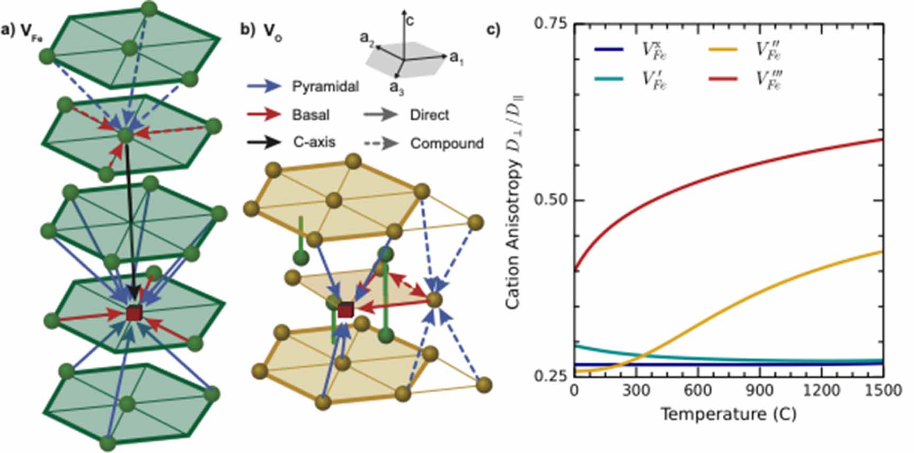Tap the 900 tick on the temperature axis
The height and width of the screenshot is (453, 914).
coord(759,391)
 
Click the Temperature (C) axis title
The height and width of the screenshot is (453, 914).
coord(728,414)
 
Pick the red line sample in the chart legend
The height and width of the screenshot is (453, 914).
coord(723,79)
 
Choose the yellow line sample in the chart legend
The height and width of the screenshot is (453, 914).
coord(723,50)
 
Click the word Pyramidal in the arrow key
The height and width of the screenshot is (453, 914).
coord(325,86)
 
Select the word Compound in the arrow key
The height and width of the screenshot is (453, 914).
coord(447,143)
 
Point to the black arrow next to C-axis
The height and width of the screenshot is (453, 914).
coord(263,142)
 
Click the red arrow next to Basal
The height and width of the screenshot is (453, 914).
coord(263,114)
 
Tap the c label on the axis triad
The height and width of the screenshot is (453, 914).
coord(410,21)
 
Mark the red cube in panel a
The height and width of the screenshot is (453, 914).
coord(134,313)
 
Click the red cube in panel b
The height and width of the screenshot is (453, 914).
coord(345,310)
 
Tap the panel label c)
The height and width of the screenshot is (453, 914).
coord(493,30)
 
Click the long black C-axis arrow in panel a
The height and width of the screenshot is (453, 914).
coord(130,217)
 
